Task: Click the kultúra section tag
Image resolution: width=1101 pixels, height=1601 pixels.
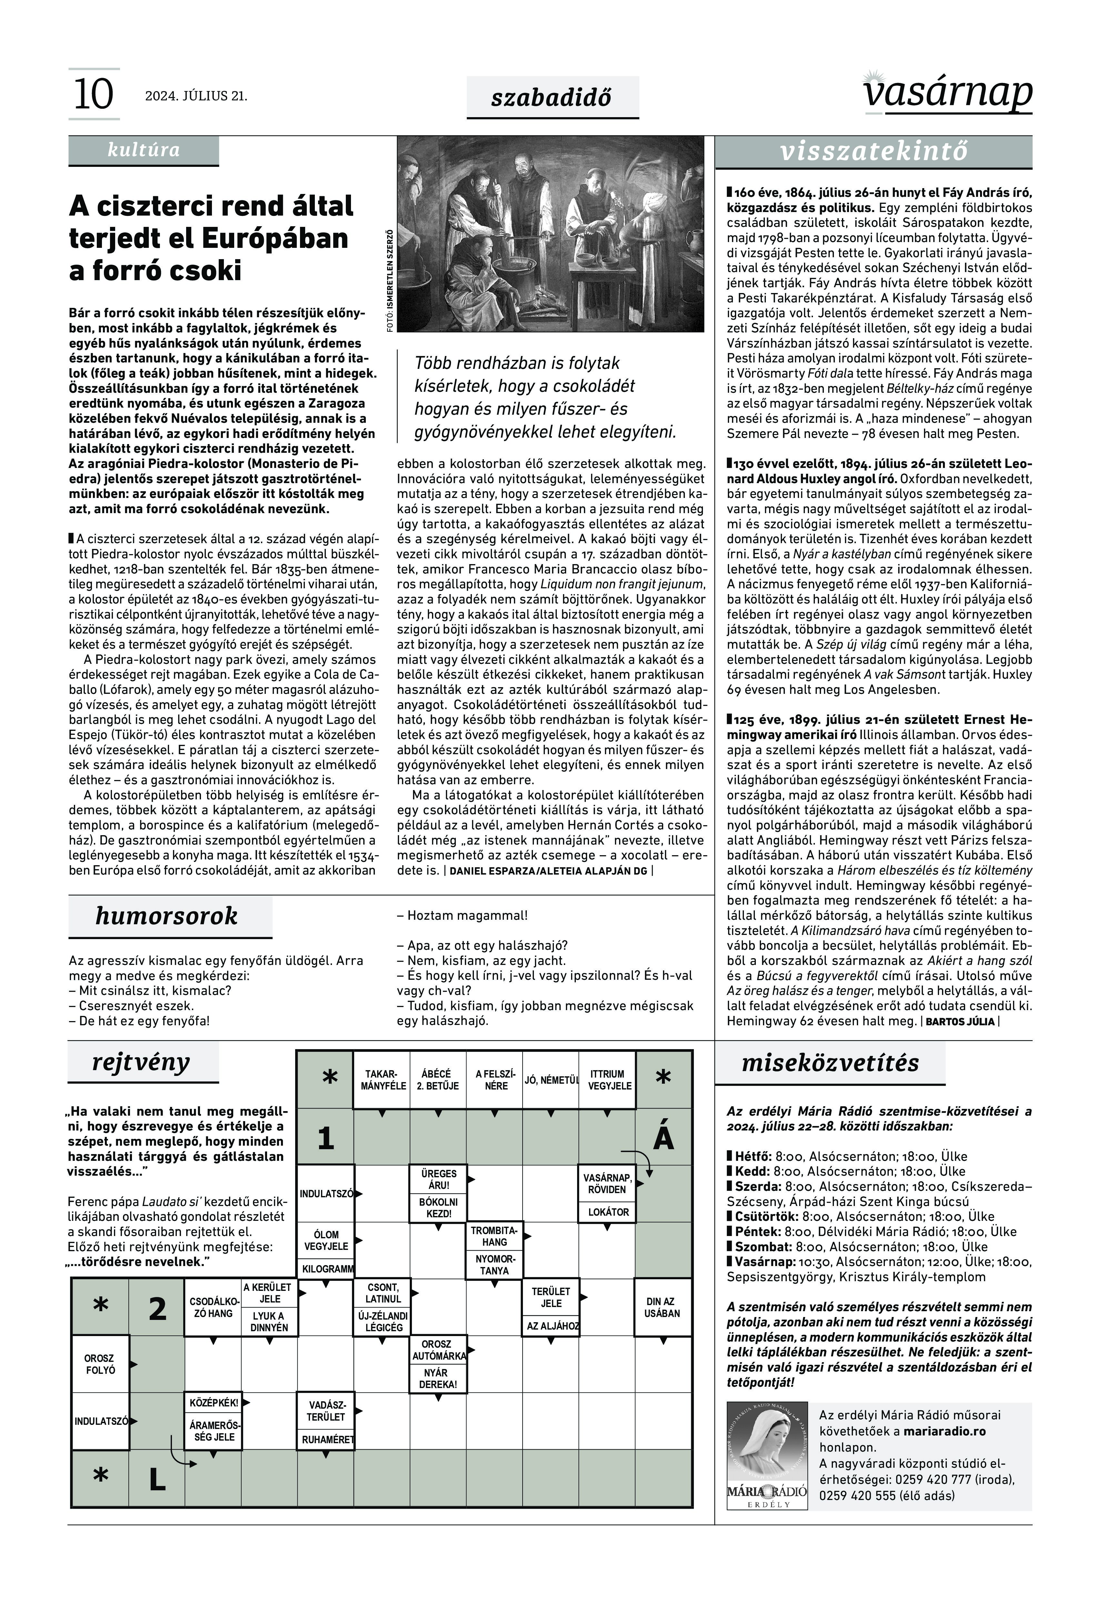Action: [144, 150]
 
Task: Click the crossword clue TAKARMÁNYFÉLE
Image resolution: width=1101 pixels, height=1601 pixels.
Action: [381, 1080]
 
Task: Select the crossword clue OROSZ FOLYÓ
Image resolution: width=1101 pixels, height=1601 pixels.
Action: [100, 1364]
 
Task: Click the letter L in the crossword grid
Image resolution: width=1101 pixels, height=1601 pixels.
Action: [157, 1480]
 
